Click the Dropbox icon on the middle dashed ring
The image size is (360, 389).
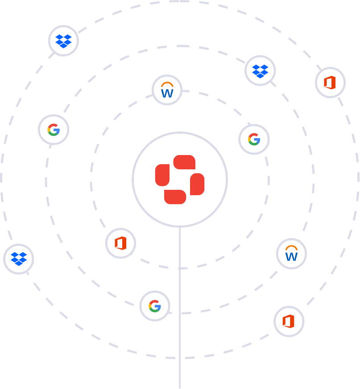(260, 70)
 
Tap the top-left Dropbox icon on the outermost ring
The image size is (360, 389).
(63, 41)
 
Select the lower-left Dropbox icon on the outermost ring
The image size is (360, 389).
(19, 259)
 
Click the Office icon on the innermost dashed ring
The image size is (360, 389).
(120, 243)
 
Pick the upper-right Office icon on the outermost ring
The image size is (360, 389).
(330, 82)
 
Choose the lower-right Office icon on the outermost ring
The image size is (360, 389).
(289, 321)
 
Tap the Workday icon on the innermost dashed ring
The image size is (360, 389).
(167, 90)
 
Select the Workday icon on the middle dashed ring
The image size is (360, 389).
(291, 254)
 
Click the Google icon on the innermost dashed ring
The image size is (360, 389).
(254, 139)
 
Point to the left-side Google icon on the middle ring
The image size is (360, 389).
(54, 130)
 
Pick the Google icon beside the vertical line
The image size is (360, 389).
(155, 306)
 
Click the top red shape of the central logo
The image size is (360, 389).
(184, 162)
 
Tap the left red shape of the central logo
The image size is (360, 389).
(162, 175)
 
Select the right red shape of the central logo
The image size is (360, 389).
(198, 184)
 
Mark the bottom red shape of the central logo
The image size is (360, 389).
(175, 197)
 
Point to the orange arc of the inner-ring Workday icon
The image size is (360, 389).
(167, 85)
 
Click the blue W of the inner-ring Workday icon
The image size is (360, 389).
(167, 94)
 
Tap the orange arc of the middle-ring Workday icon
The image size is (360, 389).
(291, 248)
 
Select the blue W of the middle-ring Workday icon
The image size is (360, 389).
(291, 257)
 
